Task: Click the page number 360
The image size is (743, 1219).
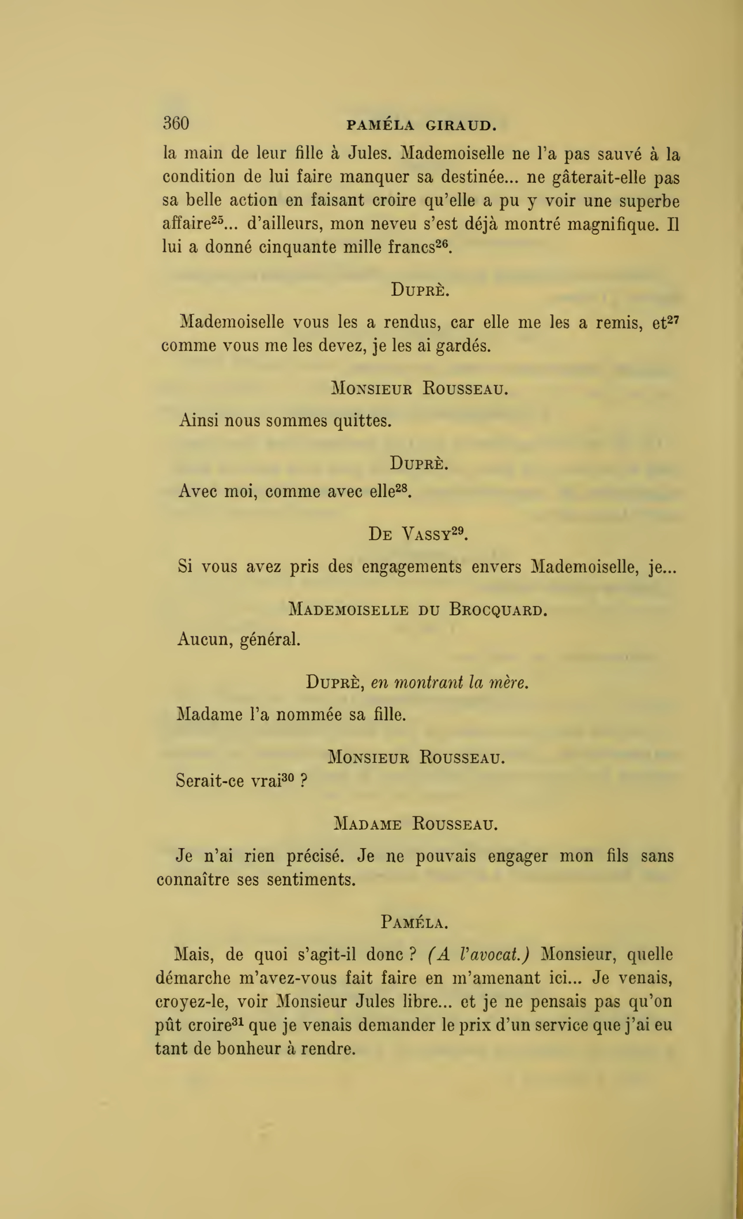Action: pos(176,123)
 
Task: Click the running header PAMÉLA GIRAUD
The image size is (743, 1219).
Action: pos(421,125)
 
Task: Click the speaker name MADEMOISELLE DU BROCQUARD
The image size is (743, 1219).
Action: pos(417,609)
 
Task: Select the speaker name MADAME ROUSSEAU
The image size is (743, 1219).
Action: pos(416,824)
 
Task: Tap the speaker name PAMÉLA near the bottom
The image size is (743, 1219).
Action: pos(414,923)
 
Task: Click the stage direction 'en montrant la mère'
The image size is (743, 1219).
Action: pos(450,683)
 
